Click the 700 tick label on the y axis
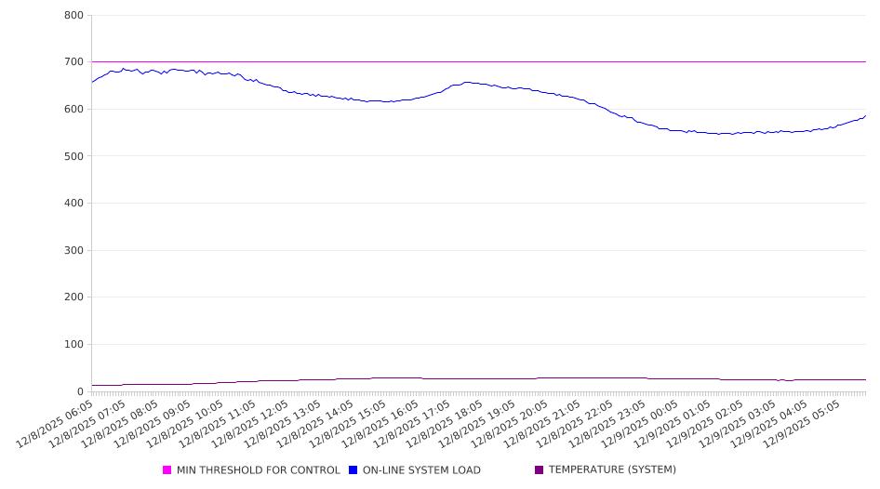click(x=73, y=62)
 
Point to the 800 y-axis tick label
click(x=73, y=16)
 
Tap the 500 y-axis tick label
click(x=73, y=156)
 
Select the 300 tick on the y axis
click(x=73, y=251)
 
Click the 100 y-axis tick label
click(x=73, y=345)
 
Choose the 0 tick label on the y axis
click(x=81, y=391)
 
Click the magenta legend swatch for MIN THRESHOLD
click(x=167, y=470)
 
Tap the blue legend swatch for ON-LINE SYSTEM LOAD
click(x=353, y=470)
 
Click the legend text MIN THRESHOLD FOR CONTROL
click(x=259, y=470)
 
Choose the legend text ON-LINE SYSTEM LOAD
click(x=421, y=470)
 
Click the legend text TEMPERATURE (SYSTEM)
click(x=612, y=470)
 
